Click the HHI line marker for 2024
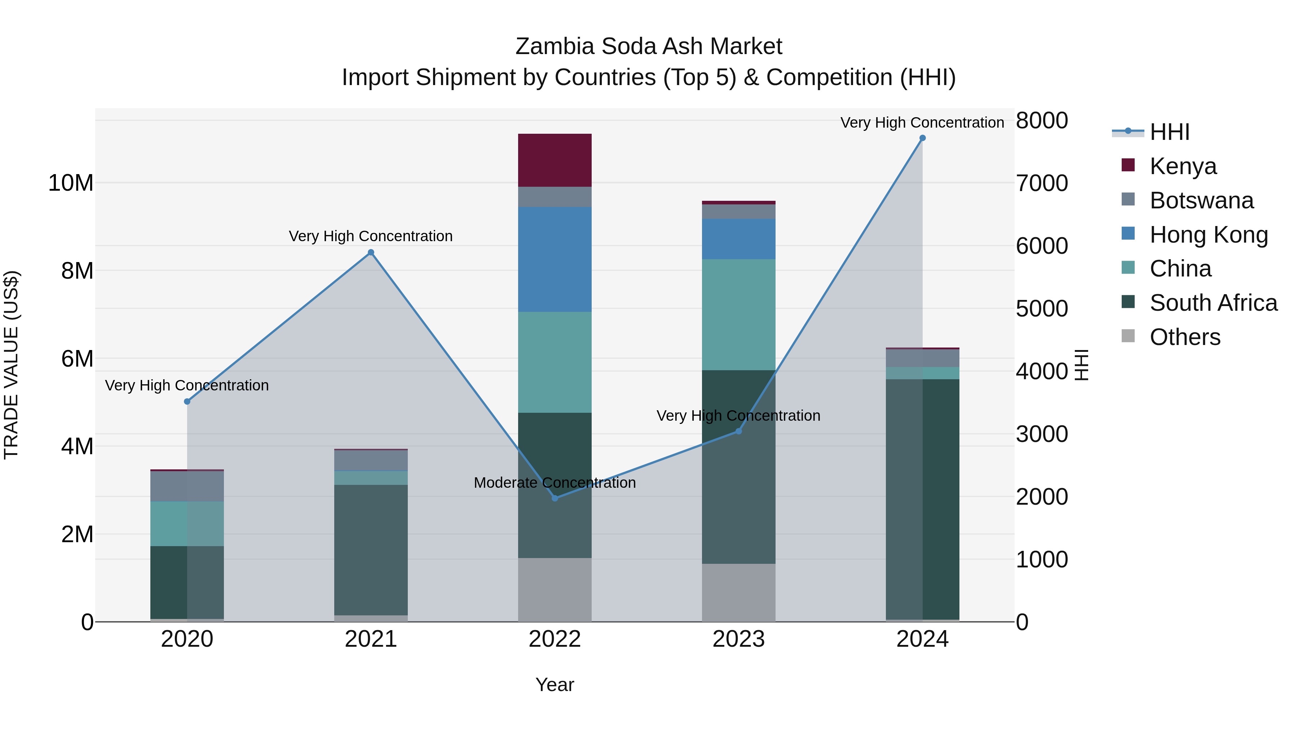click(922, 138)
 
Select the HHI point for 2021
click(371, 252)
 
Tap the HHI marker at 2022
click(555, 498)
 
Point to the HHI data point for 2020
click(187, 402)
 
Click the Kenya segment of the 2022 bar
click(555, 160)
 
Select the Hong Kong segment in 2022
click(555, 260)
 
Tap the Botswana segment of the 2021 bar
click(371, 460)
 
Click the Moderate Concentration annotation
click(555, 483)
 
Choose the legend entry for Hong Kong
click(1208, 235)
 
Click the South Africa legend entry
click(1213, 303)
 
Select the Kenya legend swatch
click(1128, 165)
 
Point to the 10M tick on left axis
click(71, 183)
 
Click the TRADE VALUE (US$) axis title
click(12, 365)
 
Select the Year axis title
click(555, 685)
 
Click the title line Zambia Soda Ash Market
click(649, 47)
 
